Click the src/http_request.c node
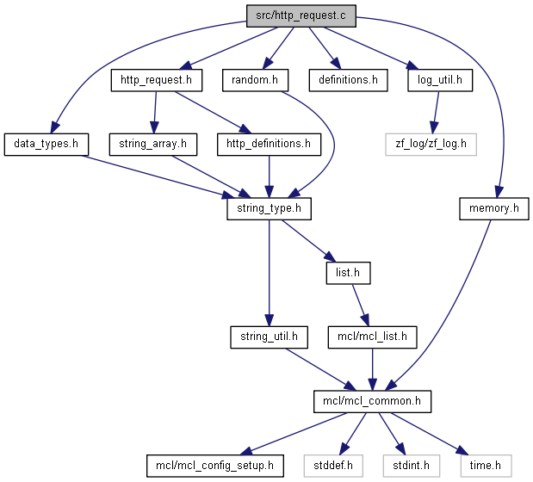pos(301,16)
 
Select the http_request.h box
pos(157,80)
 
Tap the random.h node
pos(255,80)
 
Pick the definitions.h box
pos(348,80)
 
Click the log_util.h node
pos(440,80)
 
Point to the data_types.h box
pos(46,145)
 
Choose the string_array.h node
pos(153,145)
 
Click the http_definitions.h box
pos(269,145)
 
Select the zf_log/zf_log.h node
pos(431,145)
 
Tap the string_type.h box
pos(269,208)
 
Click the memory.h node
pos(494,208)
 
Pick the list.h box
pos(348,273)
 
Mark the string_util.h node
pos(269,337)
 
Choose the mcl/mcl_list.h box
pos(372,337)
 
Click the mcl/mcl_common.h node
pos(372,401)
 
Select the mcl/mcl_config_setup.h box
pos(214,466)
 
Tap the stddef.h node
pos(333,466)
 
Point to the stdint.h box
pos(412,466)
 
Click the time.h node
pos(486,466)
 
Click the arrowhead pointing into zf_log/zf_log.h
pos(433,127)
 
